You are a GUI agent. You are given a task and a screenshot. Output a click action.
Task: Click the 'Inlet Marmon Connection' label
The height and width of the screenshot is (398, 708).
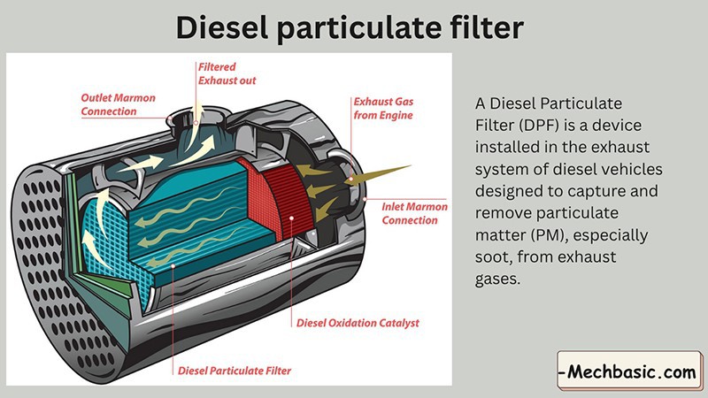pos(413,212)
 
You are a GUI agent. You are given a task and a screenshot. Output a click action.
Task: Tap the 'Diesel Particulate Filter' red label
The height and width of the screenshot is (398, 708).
pos(235,371)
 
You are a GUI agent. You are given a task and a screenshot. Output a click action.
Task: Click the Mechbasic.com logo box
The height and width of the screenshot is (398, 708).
pos(629,371)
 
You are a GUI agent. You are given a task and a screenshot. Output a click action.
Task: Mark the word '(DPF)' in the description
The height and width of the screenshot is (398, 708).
pos(539,124)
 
